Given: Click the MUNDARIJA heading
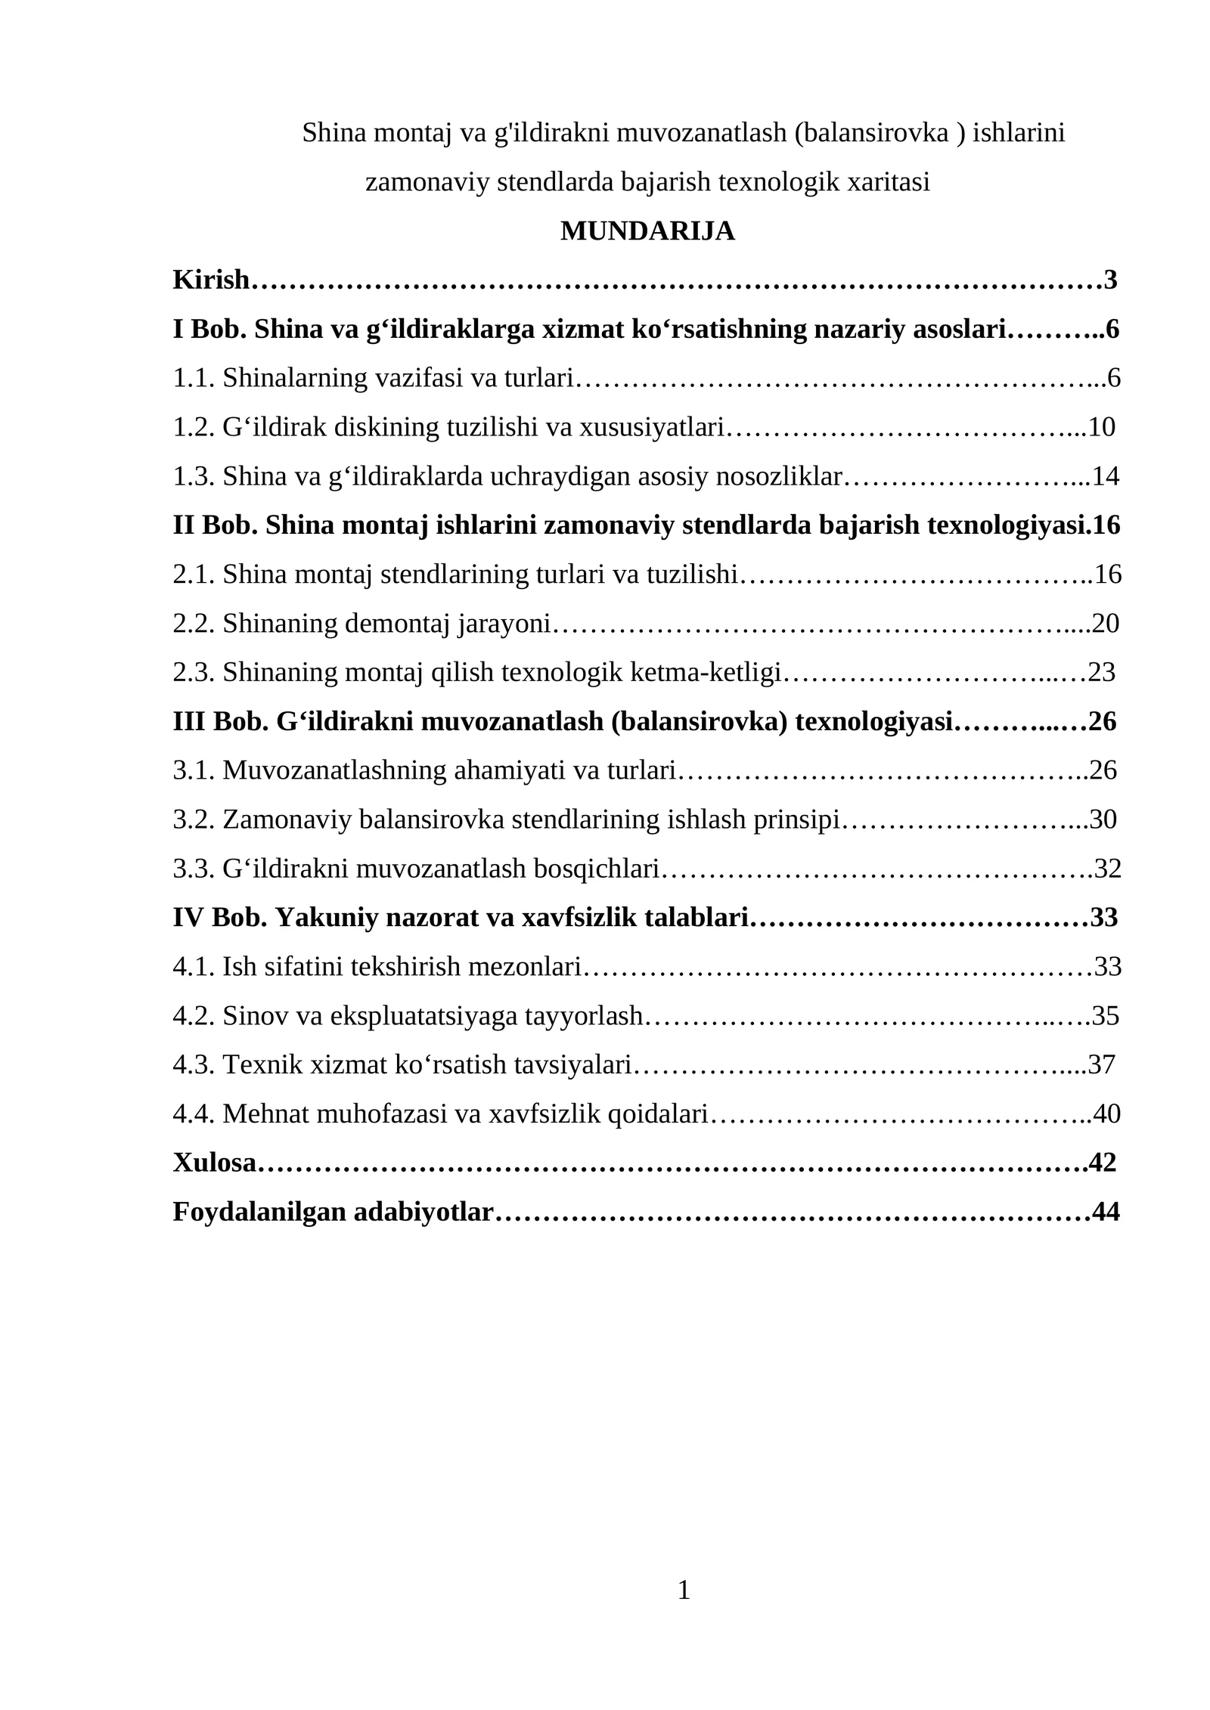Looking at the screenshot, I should [647, 231].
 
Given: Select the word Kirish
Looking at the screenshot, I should [210, 280].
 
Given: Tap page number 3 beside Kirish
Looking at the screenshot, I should [1110, 280].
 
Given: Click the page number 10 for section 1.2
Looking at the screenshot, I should [1102, 427].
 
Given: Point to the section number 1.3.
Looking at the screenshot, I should [194, 476].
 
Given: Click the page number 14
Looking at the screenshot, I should [1106, 476].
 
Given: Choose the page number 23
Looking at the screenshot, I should [1102, 672].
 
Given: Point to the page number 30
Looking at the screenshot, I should [1103, 819].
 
